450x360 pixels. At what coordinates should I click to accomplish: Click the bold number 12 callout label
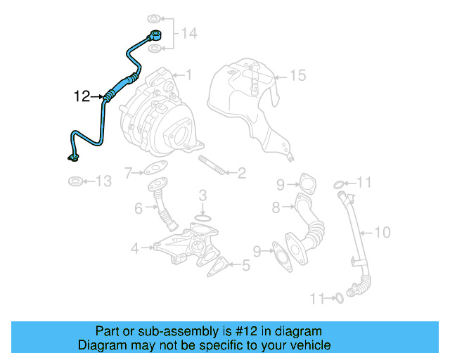point(82,96)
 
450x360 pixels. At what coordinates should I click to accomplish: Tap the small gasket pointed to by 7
point(153,169)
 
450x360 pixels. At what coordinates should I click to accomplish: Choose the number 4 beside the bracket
point(134,247)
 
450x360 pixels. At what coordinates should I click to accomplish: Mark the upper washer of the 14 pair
point(154,18)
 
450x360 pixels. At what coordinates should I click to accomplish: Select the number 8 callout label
point(276,207)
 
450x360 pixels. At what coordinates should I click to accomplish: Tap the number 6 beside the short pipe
point(139,207)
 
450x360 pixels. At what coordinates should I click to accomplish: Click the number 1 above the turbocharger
point(188,74)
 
